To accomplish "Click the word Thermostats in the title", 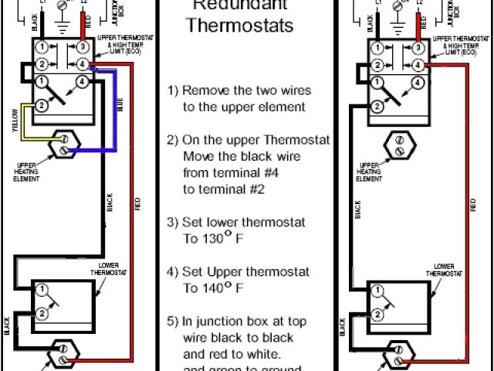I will tap(241, 26).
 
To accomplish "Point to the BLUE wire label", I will tap(120, 109).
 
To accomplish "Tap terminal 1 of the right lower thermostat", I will tap(376, 291).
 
